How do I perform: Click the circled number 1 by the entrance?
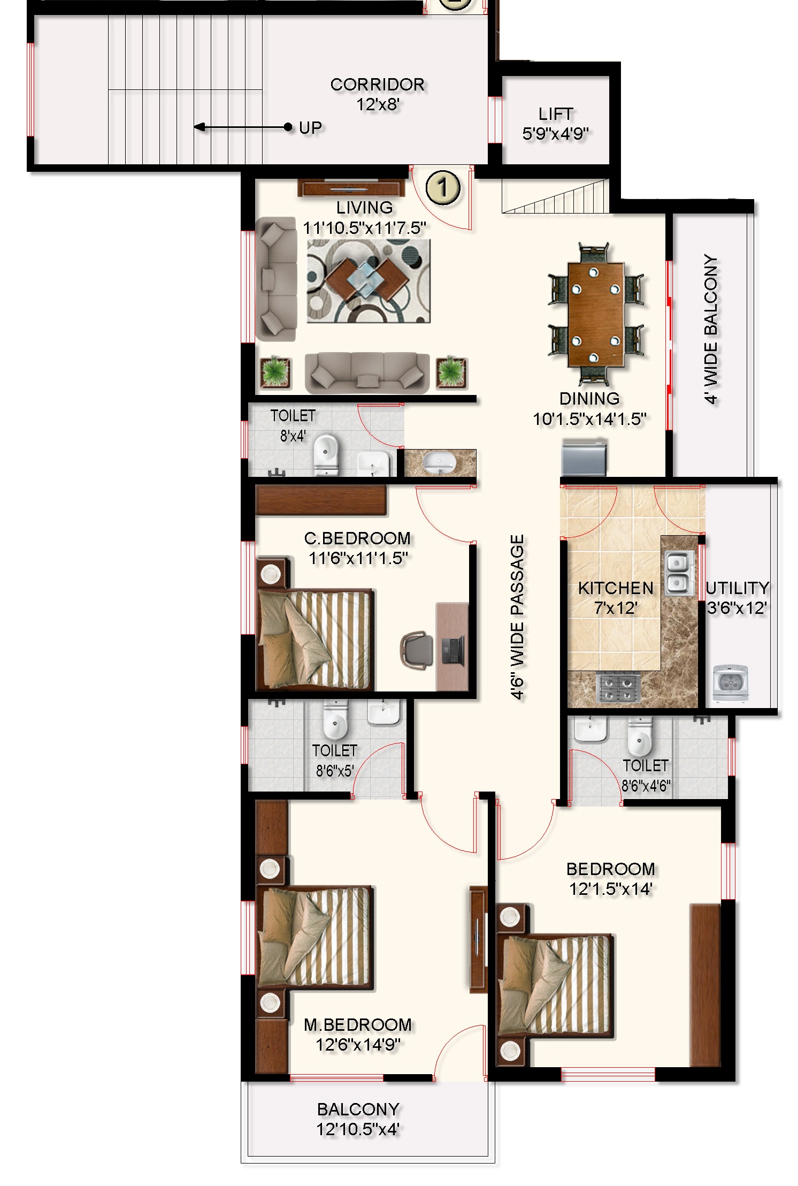click(x=443, y=188)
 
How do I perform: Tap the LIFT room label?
click(x=556, y=114)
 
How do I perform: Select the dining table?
click(x=596, y=315)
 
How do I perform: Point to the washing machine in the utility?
click(x=731, y=683)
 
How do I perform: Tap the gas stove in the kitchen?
click(x=618, y=688)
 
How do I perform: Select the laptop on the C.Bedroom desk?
click(x=453, y=650)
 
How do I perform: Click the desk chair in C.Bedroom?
click(x=417, y=650)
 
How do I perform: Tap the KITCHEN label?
click(x=616, y=588)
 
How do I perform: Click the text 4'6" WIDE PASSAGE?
click(x=517, y=617)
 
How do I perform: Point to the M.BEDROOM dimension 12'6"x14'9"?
click(x=358, y=1044)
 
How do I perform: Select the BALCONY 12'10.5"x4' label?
click(x=358, y=1119)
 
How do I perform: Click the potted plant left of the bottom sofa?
click(x=275, y=371)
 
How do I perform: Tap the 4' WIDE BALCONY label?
click(x=711, y=329)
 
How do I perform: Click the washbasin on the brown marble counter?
click(x=440, y=462)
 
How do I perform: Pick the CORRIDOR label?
click(x=377, y=85)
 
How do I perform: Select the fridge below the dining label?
click(x=584, y=457)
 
